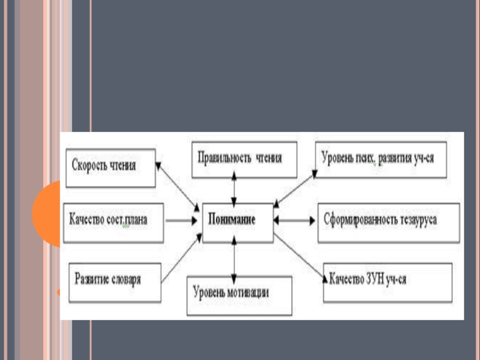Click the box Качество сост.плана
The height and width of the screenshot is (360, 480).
(x=113, y=221)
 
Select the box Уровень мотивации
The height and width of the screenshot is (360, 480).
(x=239, y=295)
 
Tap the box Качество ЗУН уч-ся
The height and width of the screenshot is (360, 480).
(x=387, y=281)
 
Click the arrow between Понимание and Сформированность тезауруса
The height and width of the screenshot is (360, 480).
(x=295, y=221)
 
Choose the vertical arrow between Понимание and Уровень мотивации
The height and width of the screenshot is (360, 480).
(x=235, y=259)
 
